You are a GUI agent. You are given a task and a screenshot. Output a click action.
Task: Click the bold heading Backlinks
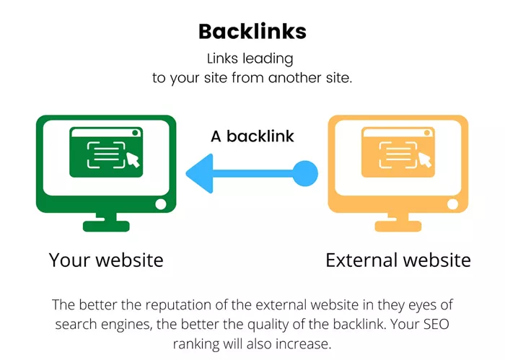click(252, 32)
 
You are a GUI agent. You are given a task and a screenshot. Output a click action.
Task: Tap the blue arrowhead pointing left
click(200, 174)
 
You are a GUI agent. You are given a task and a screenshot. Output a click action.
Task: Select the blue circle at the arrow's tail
click(305, 174)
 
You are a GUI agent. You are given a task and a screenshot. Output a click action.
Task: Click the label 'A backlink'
click(252, 136)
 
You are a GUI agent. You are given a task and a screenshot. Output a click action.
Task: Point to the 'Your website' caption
click(106, 260)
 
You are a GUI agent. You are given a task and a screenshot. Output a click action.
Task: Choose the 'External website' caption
click(398, 260)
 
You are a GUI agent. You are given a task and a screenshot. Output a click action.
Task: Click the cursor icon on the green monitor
click(133, 159)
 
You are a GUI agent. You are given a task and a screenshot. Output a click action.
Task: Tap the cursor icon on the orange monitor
click(424, 159)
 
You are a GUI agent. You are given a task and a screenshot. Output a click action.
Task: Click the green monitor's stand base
click(106, 226)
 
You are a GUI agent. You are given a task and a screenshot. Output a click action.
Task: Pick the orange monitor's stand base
click(398, 226)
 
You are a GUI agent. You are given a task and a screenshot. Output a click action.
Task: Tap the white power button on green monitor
click(161, 204)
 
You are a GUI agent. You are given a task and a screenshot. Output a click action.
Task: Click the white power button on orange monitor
click(452, 204)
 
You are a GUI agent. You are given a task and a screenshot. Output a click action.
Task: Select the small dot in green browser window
click(136, 133)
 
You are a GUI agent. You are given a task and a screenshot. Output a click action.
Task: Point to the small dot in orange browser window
click(427, 133)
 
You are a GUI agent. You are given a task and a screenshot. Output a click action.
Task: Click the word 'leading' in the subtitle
click(268, 59)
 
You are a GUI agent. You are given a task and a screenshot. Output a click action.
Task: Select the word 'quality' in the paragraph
click(268, 325)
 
